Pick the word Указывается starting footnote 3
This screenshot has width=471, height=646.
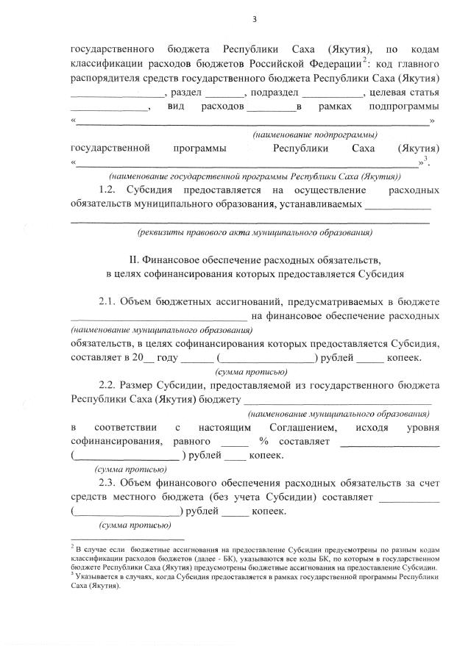[96, 577]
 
